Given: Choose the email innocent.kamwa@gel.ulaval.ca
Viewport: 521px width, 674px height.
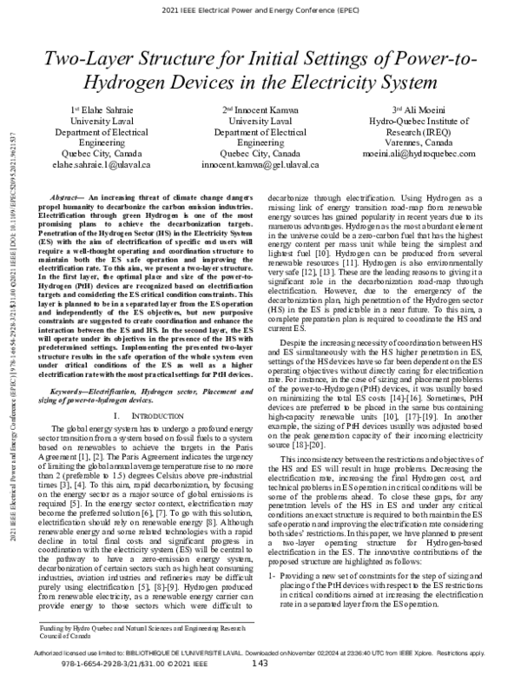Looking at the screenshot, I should click(x=260, y=162).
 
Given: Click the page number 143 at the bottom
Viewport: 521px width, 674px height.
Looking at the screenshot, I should click(x=260, y=665).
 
